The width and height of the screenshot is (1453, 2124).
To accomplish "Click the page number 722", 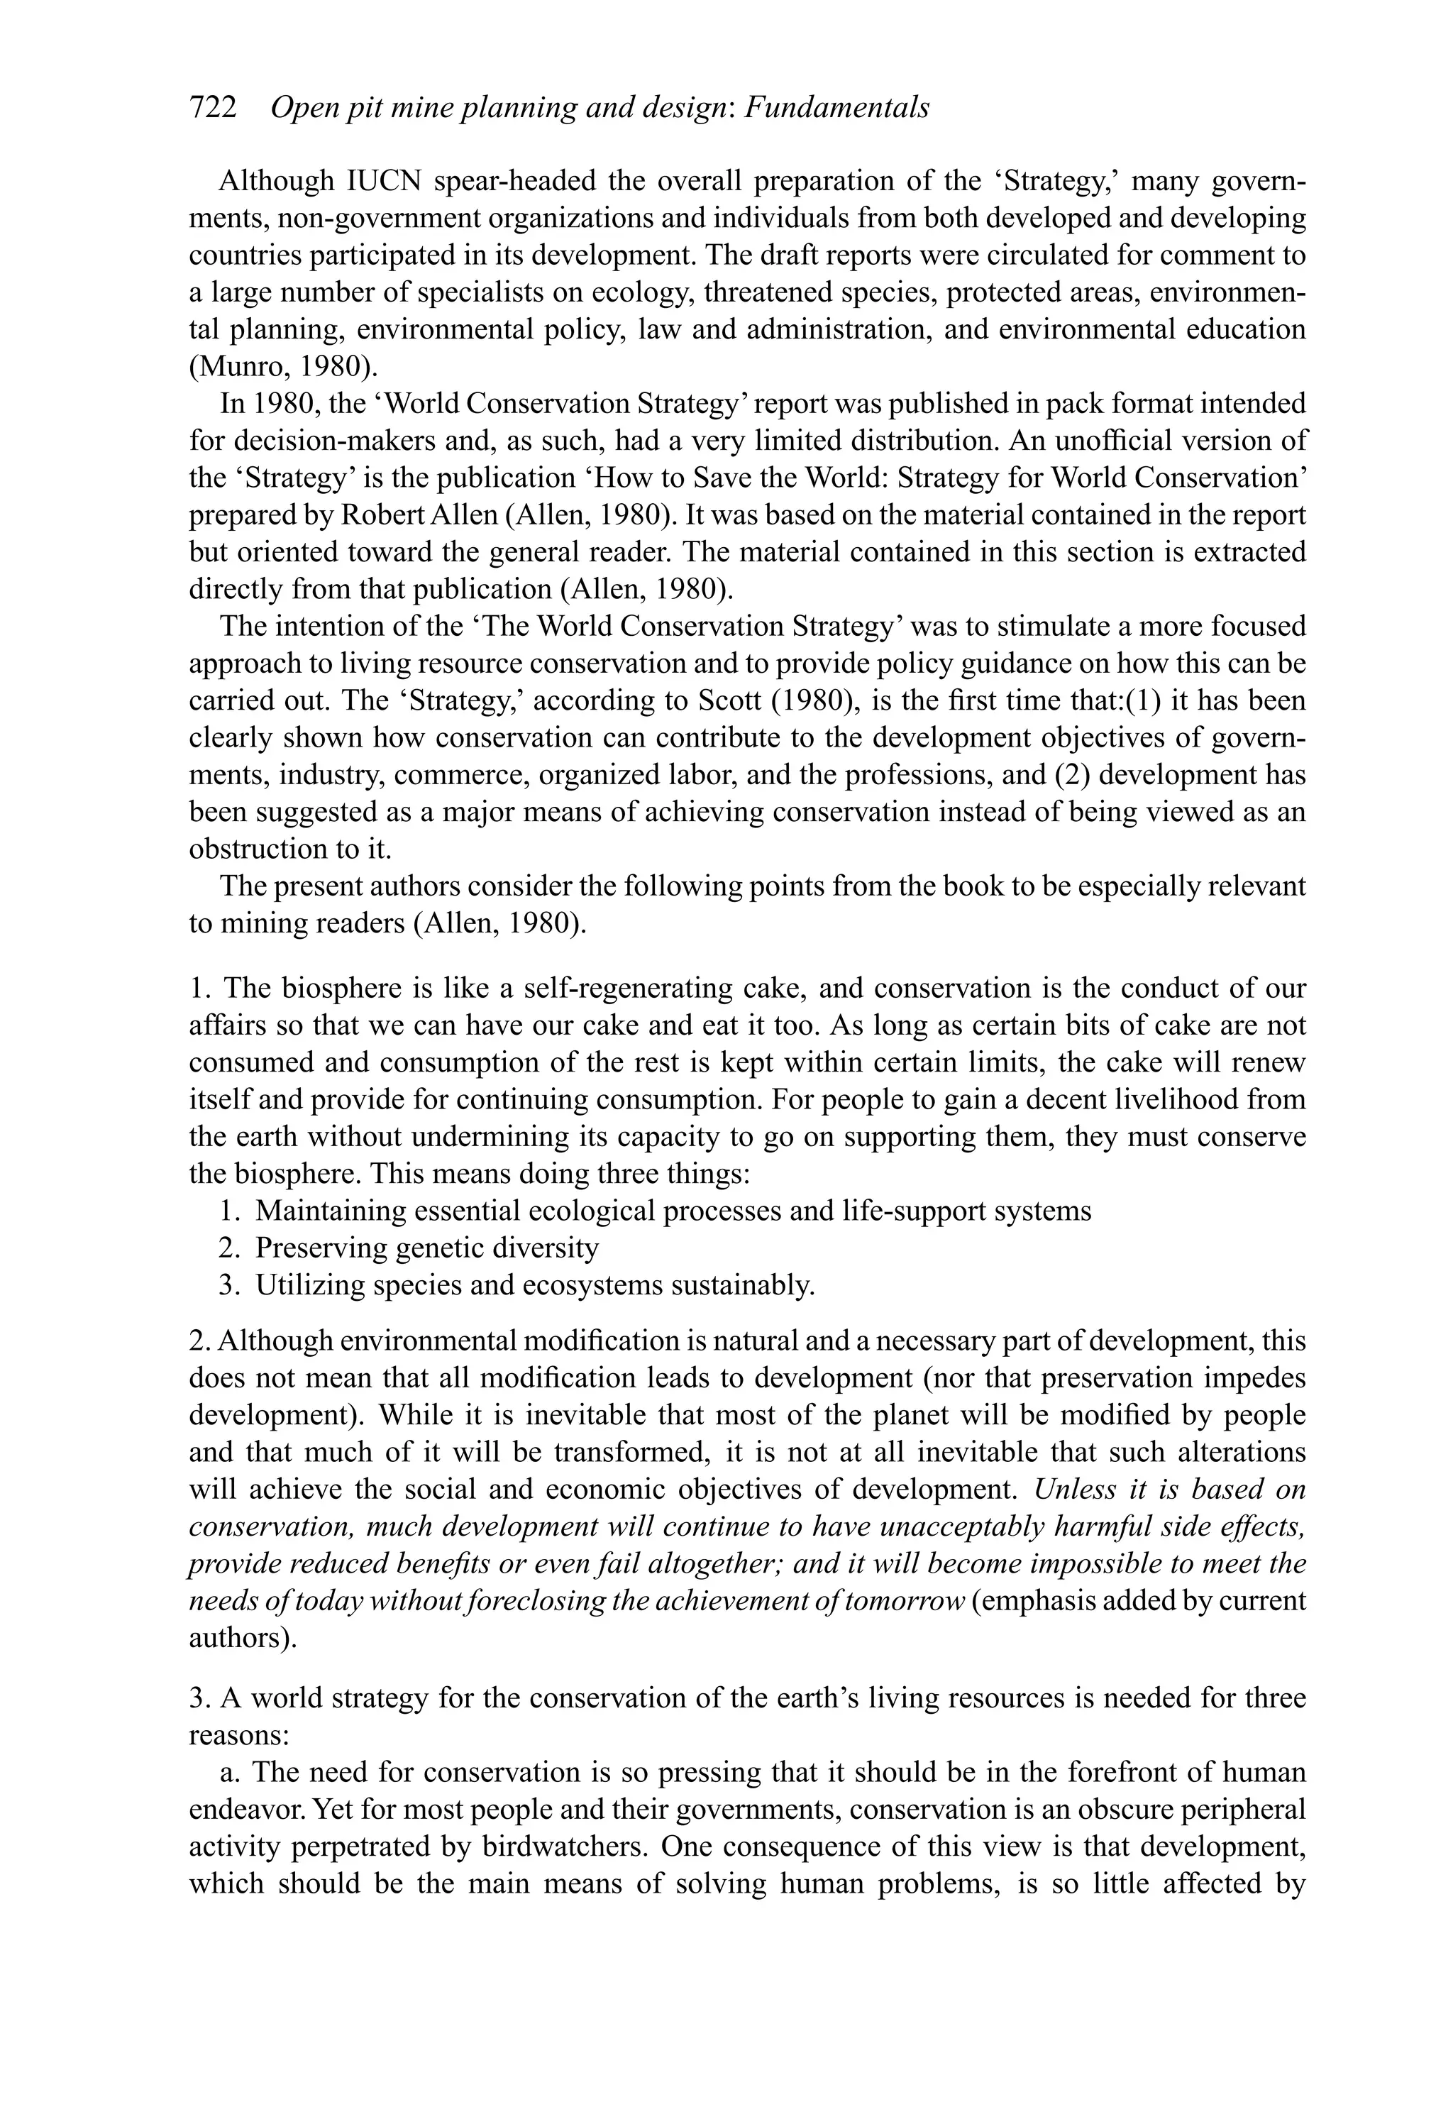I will click(213, 109).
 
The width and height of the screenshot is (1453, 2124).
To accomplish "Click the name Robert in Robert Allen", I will click(382, 515).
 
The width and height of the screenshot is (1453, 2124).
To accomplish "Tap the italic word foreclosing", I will click(537, 1601).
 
